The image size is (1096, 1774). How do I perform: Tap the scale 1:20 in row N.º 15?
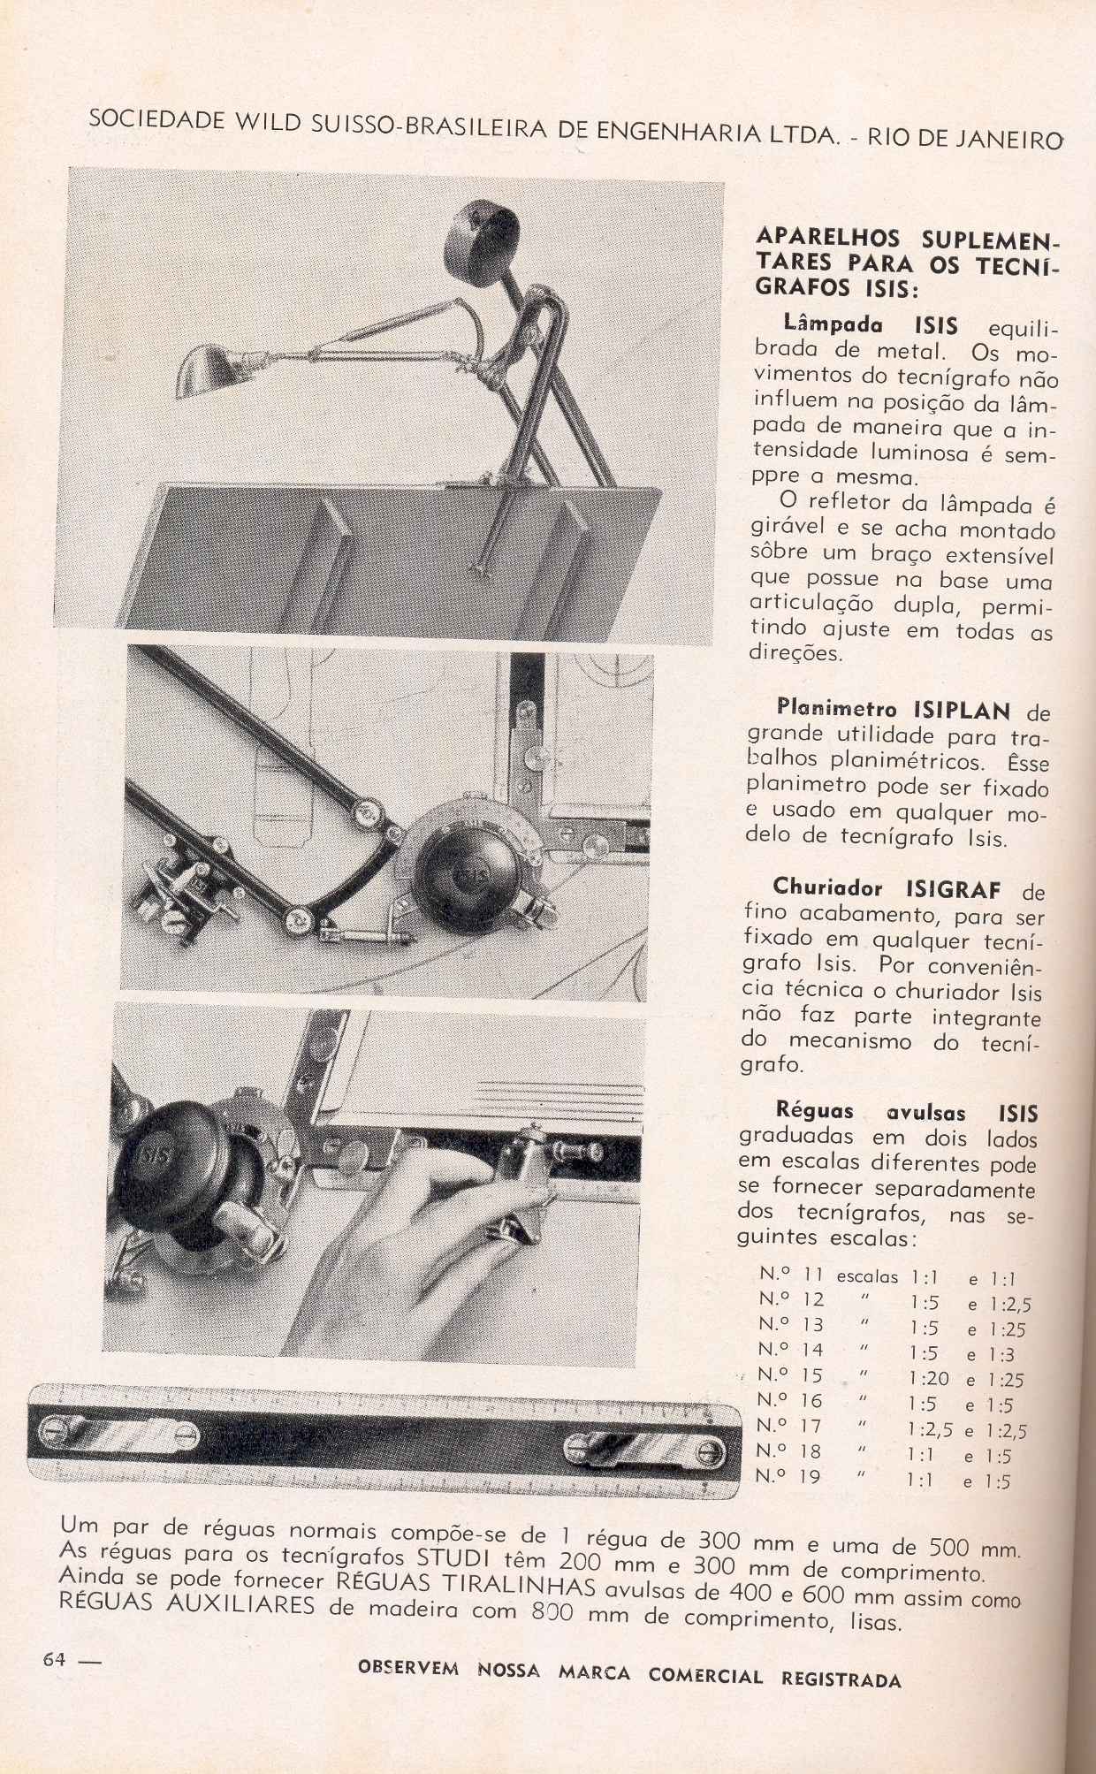click(x=928, y=1378)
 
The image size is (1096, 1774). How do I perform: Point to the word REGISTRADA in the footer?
click(x=841, y=1678)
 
